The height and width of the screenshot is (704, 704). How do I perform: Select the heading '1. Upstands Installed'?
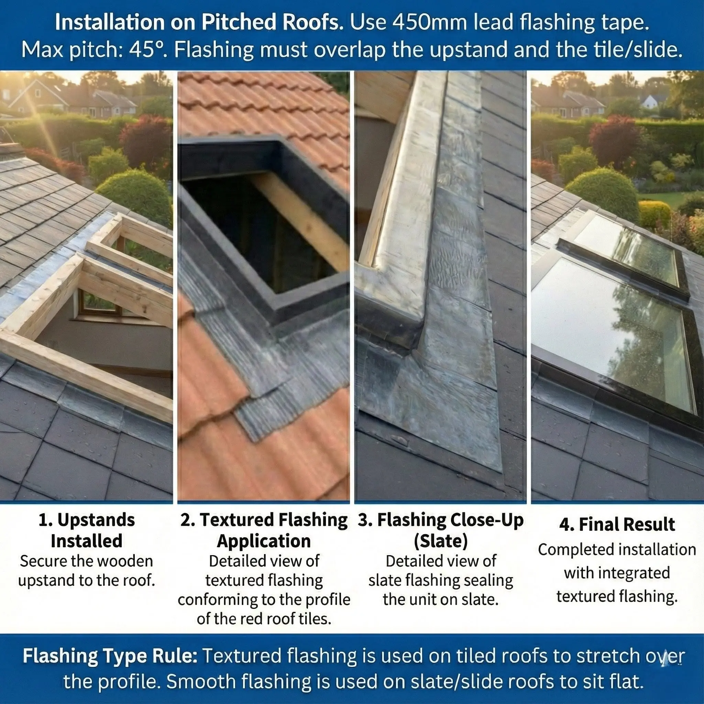87,530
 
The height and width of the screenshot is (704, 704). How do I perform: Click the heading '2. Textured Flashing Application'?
264,530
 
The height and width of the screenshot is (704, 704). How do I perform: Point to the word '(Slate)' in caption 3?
441,541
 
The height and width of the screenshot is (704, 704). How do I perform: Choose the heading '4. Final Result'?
617,524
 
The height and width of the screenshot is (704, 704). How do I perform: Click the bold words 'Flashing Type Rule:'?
110,656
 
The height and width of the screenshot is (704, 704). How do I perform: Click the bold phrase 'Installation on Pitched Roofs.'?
199,23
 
